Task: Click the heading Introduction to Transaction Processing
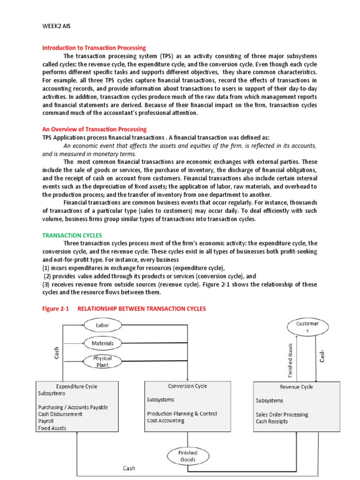point(94,48)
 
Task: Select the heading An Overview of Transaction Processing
point(94,129)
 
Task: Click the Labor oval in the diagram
point(102,325)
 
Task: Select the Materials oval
point(102,343)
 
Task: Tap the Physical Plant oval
point(102,361)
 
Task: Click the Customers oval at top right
point(307,327)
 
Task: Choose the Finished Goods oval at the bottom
point(187,456)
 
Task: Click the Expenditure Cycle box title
point(77,386)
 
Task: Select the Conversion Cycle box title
point(187,386)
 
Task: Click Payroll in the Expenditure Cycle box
point(46,421)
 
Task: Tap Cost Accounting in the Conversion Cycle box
point(165,420)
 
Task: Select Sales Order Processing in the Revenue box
point(282,414)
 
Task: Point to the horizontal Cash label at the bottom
point(130,468)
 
